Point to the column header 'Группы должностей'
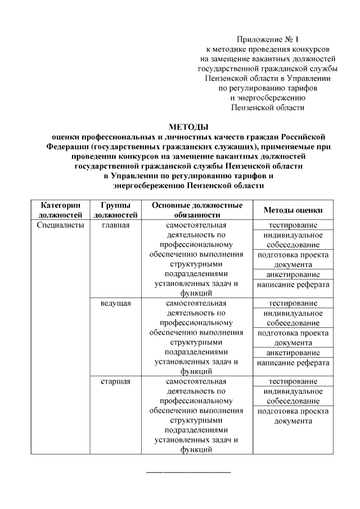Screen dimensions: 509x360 click(116, 210)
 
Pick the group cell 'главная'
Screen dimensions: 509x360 click(116, 226)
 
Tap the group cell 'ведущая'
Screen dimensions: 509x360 click(116, 304)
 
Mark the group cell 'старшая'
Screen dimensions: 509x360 click(116, 382)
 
